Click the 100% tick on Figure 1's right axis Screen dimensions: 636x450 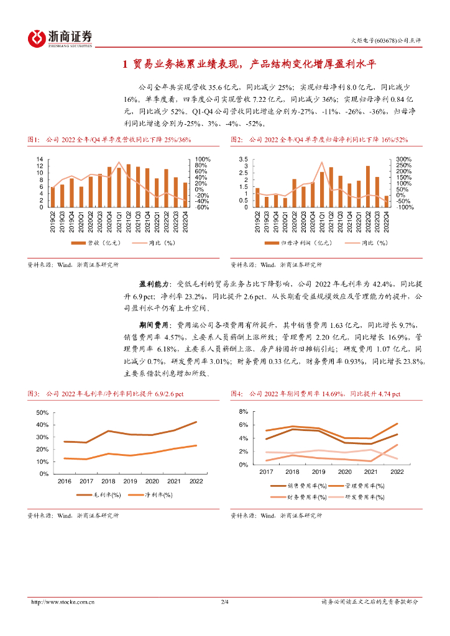[x=203, y=159]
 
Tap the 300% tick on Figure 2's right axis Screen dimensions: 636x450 [x=404, y=159]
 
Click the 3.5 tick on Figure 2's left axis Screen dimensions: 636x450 [x=243, y=159]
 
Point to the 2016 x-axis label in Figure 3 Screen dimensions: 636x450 [x=64, y=481]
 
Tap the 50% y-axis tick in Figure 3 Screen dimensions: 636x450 [x=42, y=412]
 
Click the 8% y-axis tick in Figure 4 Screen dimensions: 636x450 [x=244, y=412]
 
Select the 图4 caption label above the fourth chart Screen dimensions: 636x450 [x=237, y=394]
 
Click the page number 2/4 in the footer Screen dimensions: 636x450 [x=225, y=602]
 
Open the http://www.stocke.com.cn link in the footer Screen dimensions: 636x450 [x=63, y=602]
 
